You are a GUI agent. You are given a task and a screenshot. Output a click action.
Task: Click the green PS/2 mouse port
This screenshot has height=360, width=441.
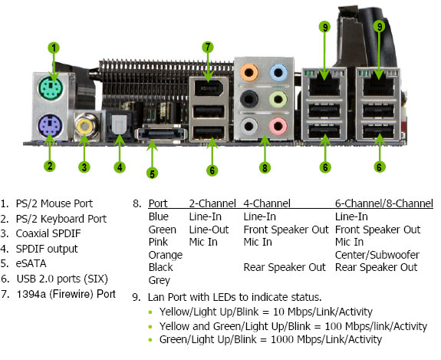click(51, 88)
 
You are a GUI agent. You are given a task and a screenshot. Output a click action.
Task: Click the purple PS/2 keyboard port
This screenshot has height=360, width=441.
click(50, 126)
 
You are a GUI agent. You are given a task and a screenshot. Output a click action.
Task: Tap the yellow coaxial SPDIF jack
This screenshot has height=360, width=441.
click(85, 126)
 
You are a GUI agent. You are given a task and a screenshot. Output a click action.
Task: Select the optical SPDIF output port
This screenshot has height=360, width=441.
click(119, 125)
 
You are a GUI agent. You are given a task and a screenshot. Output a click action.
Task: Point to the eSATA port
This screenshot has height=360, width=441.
click(161, 134)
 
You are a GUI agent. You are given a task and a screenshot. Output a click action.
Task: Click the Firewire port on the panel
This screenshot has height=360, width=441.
click(209, 88)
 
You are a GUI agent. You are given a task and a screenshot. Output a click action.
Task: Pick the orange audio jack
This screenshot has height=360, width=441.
click(249, 73)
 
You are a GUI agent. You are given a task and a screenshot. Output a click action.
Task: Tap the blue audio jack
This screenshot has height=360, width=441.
click(278, 73)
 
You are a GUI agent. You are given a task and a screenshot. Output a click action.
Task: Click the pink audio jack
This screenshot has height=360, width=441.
click(278, 126)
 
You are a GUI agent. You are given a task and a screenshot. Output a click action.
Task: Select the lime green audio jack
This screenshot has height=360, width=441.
click(278, 99)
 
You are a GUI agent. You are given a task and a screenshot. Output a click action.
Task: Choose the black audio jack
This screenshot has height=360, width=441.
click(249, 99)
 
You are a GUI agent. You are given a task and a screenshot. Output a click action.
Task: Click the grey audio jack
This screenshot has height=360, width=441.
click(249, 126)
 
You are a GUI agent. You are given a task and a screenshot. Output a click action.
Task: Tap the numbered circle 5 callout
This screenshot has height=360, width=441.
click(152, 173)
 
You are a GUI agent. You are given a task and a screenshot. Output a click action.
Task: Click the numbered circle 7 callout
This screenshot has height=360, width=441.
click(208, 48)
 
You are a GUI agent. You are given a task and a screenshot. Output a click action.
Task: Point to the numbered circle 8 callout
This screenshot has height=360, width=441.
click(265, 168)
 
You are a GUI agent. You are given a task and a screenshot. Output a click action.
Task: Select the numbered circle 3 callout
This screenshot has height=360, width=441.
click(84, 167)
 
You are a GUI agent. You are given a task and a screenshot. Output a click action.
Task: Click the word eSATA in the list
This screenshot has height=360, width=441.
click(31, 263)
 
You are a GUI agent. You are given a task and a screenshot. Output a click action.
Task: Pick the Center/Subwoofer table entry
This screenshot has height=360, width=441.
click(377, 255)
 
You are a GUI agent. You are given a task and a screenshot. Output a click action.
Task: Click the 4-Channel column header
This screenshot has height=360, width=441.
click(267, 203)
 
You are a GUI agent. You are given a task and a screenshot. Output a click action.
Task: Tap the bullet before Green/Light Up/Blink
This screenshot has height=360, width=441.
click(150, 340)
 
